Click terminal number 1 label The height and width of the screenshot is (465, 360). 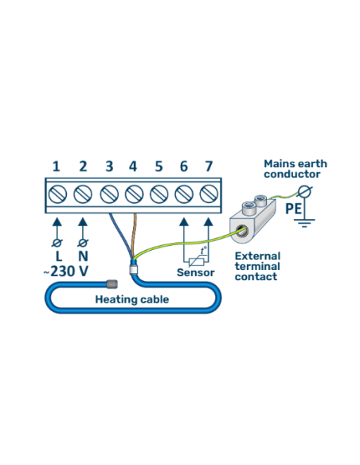click(x=57, y=166)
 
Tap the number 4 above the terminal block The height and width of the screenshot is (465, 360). click(x=133, y=166)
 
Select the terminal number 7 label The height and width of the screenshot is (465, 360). click(x=209, y=166)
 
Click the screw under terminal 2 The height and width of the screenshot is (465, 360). click(x=83, y=193)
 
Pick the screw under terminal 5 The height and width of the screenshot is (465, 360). click(x=158, y=193)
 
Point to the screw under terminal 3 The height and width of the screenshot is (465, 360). click(x=108, y=193)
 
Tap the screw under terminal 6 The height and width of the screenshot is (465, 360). click(x=184, y=193)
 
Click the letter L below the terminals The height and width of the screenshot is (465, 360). click(x=57, y=256)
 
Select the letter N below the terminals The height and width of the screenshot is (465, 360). click(x=83, y=256)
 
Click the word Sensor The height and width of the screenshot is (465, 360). click(x=195, y=272)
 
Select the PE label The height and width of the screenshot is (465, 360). click(x=293, y=209)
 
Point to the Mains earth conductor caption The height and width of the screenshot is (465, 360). click(x=295, y=169)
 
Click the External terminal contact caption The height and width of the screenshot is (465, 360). click(x=256, y=266)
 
